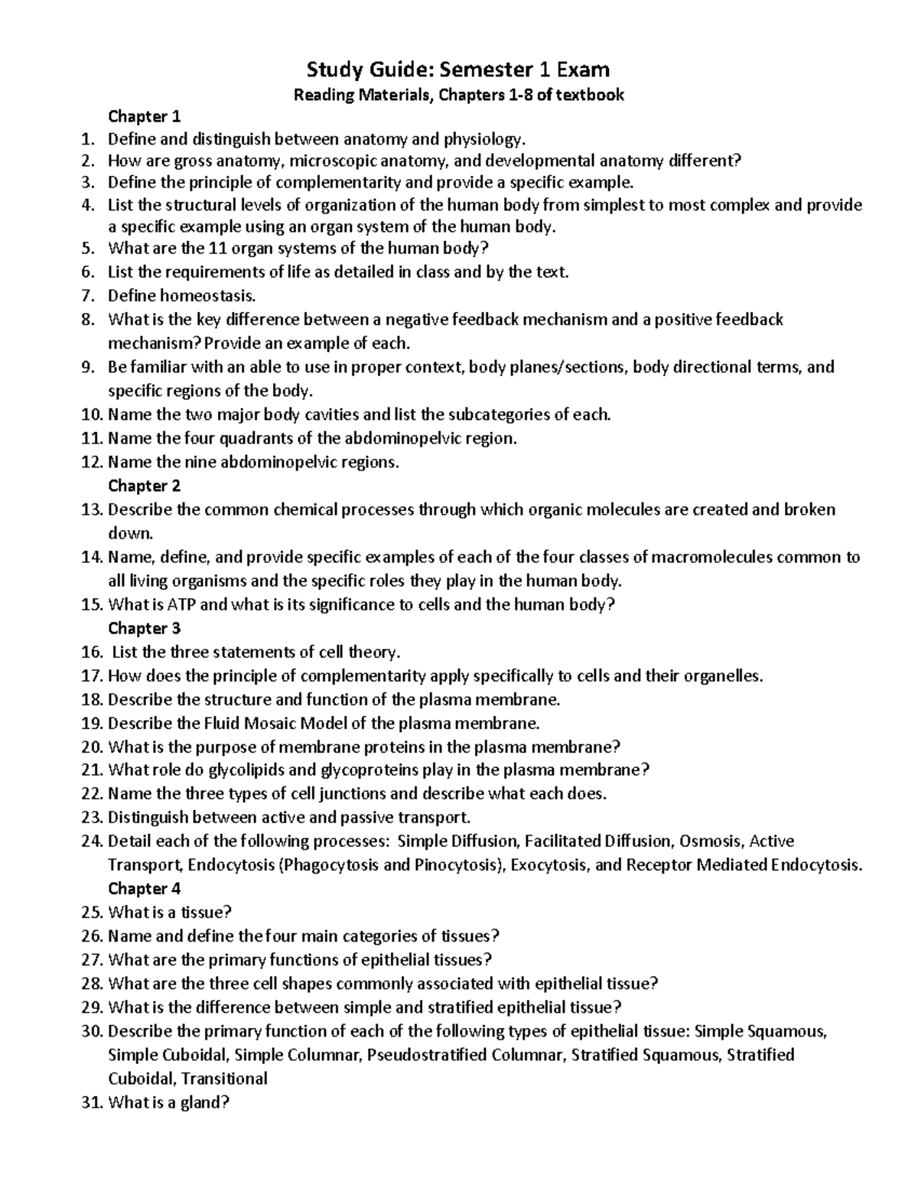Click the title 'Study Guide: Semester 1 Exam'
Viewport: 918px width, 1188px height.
click(458, 70)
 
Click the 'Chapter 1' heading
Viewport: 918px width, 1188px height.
click(144, 117)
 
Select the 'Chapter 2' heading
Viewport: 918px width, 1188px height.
click(144, 486)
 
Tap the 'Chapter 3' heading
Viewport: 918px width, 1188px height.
click(144, 629)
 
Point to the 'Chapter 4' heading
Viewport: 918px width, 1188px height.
click(144, 889)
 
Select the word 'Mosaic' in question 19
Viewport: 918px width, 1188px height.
click(269, 723)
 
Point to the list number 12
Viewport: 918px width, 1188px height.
click(92, 462)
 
